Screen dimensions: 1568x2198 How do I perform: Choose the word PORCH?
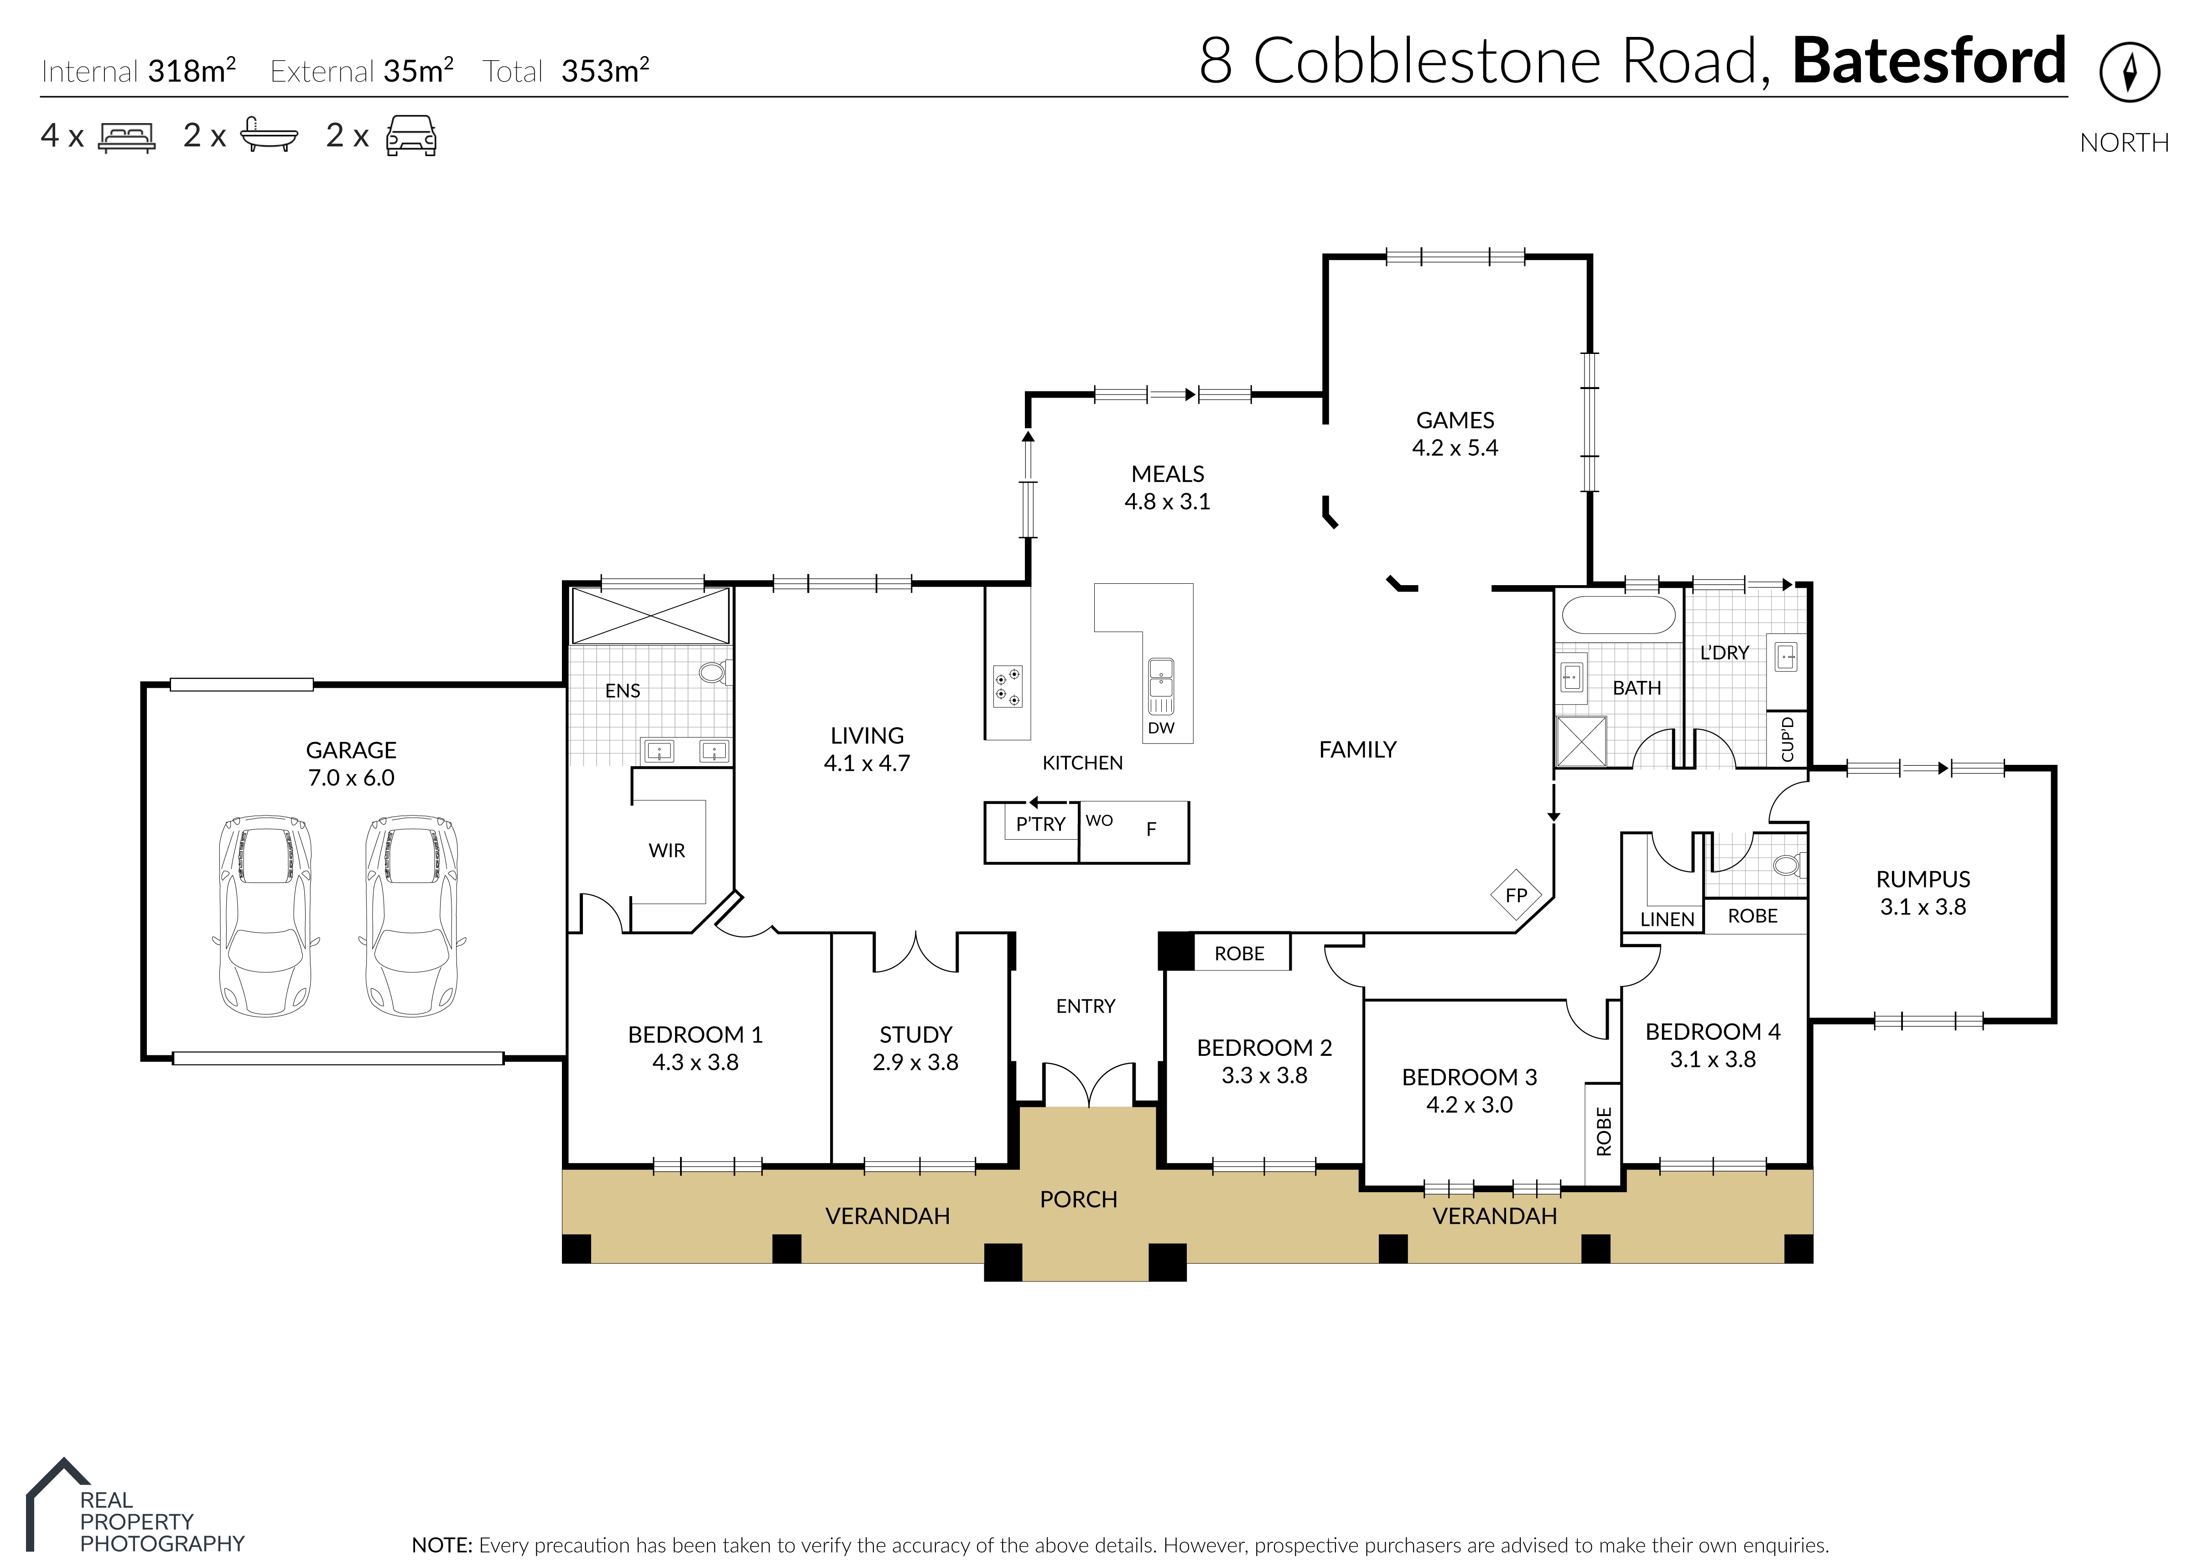pyautogui.click(x=1078, y=1199)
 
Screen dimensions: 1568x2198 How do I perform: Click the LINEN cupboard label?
pyautogui.click(x=1666, y=919)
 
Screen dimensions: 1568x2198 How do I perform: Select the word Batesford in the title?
pyautogui.click(x=1929, y=62)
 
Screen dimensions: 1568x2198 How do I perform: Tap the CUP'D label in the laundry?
pyautogui.click(x=1787, y=739)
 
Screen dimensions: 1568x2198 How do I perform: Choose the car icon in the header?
pyautogui.click(x=411, y=136)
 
